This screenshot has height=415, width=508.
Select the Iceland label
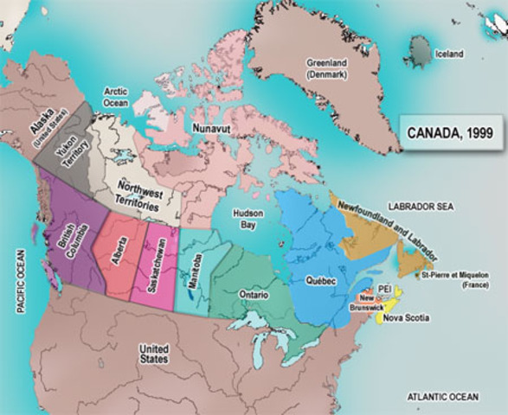coord(450,54)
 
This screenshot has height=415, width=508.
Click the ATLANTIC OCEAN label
coord(441,396)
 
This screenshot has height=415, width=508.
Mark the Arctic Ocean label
coord(116,96)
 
